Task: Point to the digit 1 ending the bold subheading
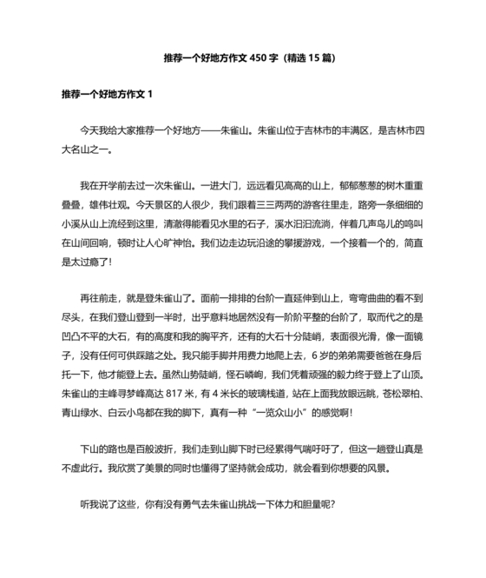(151, 93)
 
